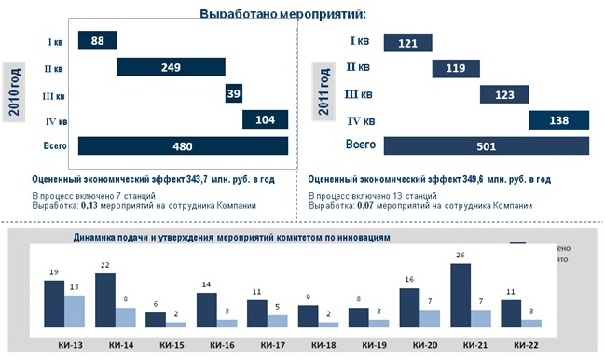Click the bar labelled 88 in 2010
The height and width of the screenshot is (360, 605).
coord(96,40)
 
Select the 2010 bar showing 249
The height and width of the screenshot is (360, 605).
coord(171,67)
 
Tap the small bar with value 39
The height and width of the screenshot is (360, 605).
coord(233,94)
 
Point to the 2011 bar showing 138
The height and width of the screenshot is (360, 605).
coord(559,121)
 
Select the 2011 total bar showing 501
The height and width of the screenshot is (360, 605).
coord(487,145)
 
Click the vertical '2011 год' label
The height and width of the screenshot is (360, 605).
coord(324,91)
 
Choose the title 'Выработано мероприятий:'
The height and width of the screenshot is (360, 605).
coord(282,13)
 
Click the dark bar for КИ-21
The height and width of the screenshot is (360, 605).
coord(459,295)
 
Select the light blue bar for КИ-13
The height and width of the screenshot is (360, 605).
coord(76,311)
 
